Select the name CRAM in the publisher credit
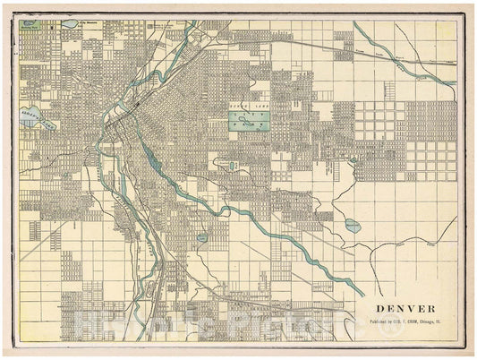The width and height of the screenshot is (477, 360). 413,320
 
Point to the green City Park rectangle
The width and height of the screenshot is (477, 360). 251,121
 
